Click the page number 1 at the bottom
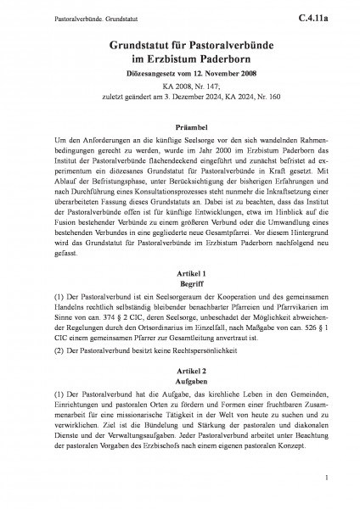326,480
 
